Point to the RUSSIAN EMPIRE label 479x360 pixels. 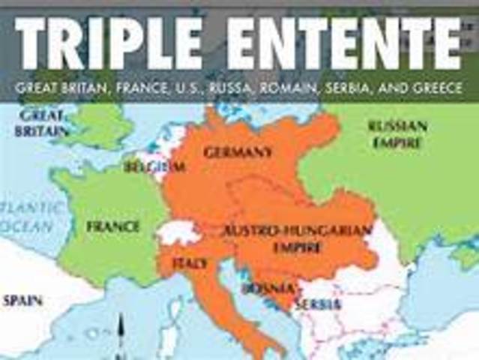point(398,132)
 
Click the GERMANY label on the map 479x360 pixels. point(238,152)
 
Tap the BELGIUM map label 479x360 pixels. point(154,166)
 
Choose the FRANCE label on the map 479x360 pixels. point(113,226)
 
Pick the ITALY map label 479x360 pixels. point(190,264)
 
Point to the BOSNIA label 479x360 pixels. point(262,288)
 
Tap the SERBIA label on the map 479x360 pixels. point(318,304)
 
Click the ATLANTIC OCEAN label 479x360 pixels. point(26,216)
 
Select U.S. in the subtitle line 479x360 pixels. point(196,88)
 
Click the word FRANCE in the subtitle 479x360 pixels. point(151,88)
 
